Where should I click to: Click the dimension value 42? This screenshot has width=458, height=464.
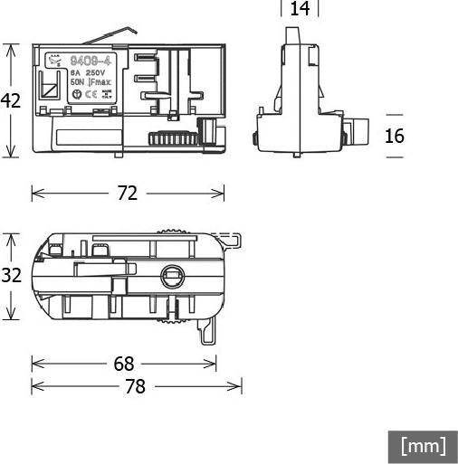10,100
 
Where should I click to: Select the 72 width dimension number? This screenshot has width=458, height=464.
128,193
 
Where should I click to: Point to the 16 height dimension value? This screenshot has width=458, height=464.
395,136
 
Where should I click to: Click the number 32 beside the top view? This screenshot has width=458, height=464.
10,276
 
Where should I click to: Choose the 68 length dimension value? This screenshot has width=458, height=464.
124,364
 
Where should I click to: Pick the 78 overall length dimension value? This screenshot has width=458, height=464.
135,386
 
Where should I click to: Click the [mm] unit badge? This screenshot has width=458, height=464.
424,446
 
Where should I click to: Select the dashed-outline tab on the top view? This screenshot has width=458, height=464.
233,240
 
